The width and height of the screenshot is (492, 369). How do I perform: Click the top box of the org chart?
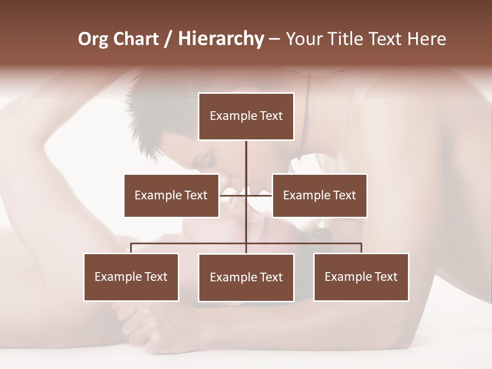pyautogui.click(x=246, y=116)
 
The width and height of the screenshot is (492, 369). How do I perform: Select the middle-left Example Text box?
pyautogui.click(x=171, y=195)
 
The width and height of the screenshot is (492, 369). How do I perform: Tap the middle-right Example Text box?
pyautogui.click(x=319, y=195)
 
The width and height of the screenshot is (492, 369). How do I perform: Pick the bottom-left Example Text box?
pyautogui.click(x=131, y=277)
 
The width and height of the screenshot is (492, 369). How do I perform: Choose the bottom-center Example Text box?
pyautogui.click(x=246, y=277)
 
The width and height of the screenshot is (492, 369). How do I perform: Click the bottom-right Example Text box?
pyautogui.click(x=361, y=277)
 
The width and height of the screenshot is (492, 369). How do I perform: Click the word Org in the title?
pyautogui.click(x=94, y=39)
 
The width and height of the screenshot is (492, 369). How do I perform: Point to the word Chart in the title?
pyautogui.click(x=136, y=39)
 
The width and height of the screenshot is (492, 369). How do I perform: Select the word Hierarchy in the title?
pyautogui.click(x=221, y=39)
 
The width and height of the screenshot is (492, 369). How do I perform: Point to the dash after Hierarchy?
pyautogui.click(x=274, y=39)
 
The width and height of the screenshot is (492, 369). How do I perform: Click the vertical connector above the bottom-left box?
pyautogui.click(x=131, y=248)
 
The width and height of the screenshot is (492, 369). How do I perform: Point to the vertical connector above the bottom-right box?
pyautogui.click(x=361, y=248)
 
